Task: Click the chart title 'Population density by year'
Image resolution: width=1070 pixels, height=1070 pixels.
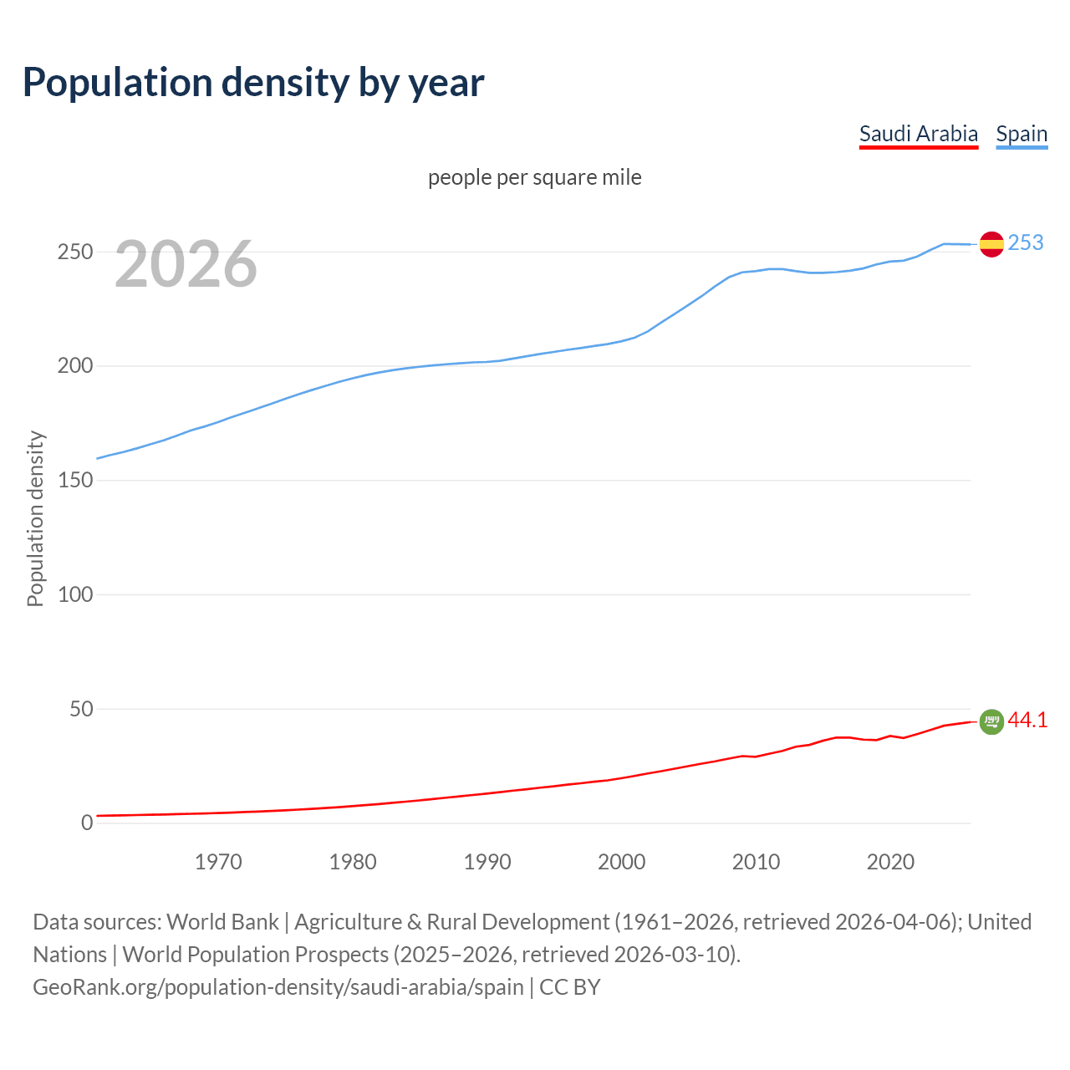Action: tap(253, 82)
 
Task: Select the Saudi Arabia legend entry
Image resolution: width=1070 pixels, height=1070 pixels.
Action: tap(918, 134)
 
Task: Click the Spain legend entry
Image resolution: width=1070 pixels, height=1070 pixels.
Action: tap(1022, 134)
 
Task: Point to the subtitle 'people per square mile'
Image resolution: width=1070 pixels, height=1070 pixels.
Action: tap(534, 177)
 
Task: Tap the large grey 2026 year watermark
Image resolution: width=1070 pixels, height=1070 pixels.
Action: tap(186, 264)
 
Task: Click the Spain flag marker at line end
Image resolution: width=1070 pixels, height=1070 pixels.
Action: tap(991, 244)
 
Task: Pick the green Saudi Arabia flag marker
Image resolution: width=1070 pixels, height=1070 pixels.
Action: tap(991, 721)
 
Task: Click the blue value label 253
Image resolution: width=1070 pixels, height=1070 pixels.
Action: tap(1026, 242)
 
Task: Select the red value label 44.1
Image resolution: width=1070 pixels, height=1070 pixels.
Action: tap(1027, 720)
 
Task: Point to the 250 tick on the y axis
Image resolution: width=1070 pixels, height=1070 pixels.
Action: tap(75, 252)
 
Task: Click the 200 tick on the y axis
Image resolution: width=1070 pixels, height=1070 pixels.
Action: tap(75, 366)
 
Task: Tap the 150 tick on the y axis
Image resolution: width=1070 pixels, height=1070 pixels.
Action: tap(75, 481)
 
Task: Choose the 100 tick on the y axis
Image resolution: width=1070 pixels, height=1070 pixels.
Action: tap(75, 594)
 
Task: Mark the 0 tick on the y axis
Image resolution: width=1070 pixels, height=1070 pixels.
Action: tap(87, 823)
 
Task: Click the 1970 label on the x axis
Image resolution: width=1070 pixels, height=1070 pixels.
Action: tap(218, 862)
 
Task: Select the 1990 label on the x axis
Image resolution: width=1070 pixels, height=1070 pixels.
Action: tap(487, 862)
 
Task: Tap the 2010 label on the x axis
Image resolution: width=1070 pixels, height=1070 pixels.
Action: tap(756, 862)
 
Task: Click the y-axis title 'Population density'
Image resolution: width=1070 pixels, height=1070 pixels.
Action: tap(35, 518)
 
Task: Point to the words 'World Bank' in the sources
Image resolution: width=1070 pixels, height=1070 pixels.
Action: tap(222, 921)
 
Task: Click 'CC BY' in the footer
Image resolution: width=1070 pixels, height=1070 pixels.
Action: tap(570, 986)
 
